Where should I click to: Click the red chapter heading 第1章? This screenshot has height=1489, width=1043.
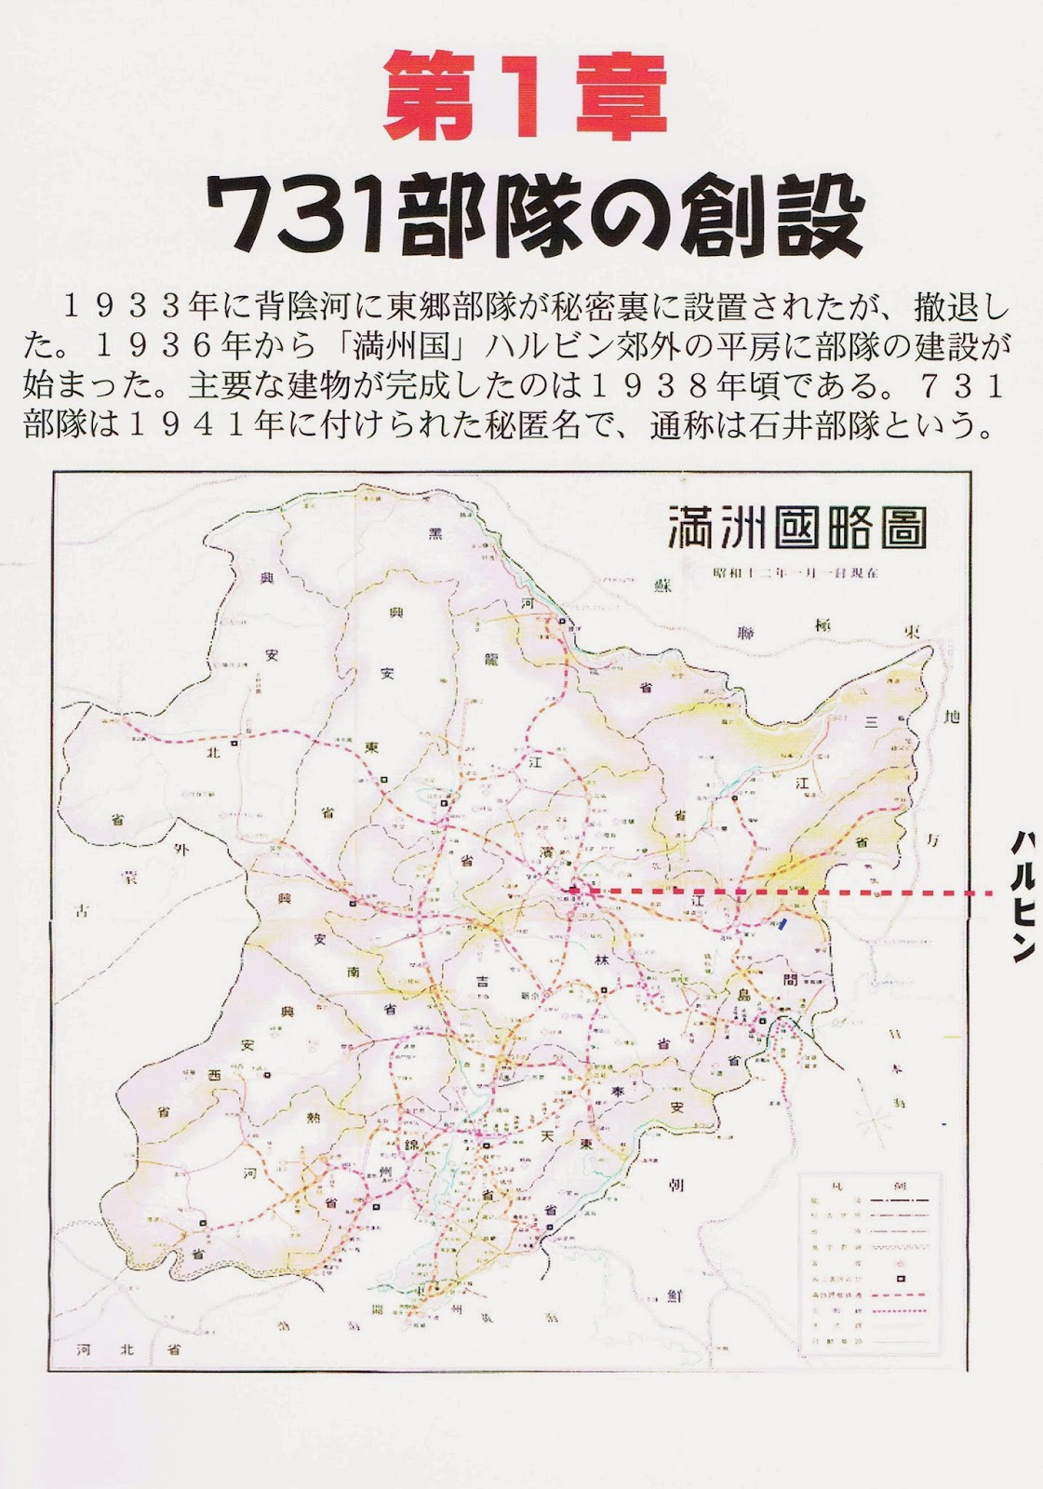pos(526,98)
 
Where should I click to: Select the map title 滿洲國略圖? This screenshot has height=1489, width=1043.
pos(797,528)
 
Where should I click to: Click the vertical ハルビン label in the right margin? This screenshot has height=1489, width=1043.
pos(1023,894)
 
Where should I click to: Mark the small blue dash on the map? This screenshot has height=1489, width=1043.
pos(785,924)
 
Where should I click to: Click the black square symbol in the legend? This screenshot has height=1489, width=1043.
pos(901,1279)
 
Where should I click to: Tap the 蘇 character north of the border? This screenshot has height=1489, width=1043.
pos(662,585)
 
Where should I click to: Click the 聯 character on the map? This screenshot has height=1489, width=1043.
pos(745,633)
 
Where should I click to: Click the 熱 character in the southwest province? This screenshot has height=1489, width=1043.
pos(314,1119)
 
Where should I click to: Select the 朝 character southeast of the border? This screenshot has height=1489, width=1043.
pos(676,1185)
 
